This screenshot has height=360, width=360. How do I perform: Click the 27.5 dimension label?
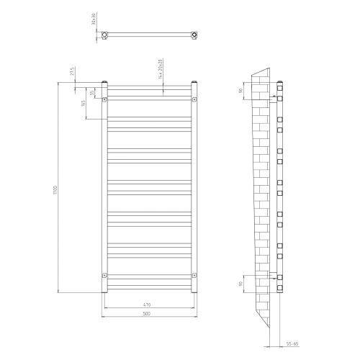[x=73, y=72]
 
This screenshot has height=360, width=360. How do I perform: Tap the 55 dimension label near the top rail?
[x=92, y=93]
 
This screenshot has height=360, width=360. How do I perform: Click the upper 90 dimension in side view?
[x=240, y=91]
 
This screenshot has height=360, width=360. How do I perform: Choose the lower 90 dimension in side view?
[x=240, y=284]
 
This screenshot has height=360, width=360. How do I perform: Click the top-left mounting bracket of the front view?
[x=104, y=99]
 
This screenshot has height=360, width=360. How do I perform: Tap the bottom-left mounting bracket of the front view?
[x=104, y=275]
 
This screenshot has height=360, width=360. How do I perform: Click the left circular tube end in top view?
[x=106, y=34]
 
